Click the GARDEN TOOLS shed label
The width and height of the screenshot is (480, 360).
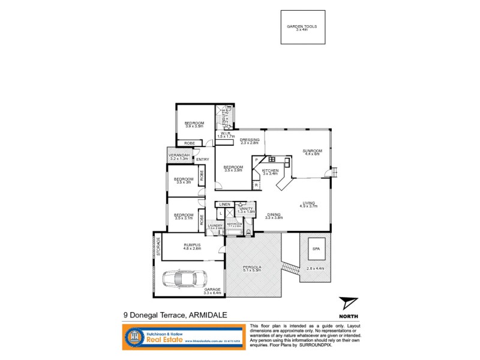[x=302, y=27]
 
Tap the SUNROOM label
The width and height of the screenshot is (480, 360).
[x=313, y=151]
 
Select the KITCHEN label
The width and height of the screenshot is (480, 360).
[x=270, y=172]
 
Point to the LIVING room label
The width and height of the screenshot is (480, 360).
[x=309, y=203]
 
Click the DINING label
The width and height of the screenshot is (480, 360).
[x=274, y=214]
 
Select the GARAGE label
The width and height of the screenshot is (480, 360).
[x=212, y=289]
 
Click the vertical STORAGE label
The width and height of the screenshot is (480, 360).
[x=159, y=247]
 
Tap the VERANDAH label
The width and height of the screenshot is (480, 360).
[x=179, y=156]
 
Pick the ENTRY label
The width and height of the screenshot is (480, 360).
[x=202, y=159]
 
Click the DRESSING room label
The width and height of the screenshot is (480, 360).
[x=249, y=140]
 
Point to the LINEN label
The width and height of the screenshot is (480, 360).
[x=224, y=204]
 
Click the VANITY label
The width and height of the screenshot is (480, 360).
[x=247, y=208]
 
